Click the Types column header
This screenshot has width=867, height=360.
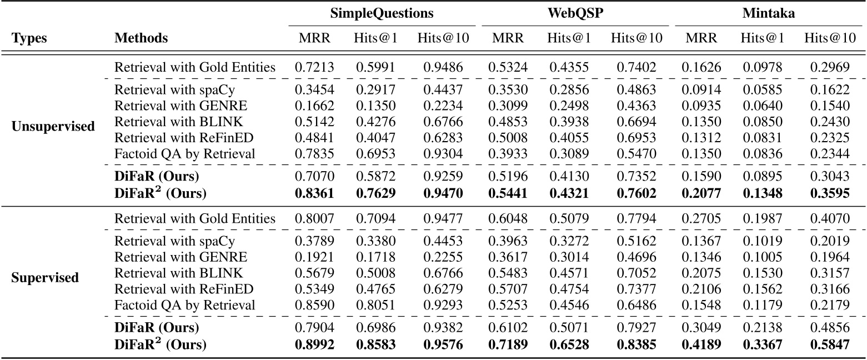29,38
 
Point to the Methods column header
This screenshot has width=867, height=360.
141,38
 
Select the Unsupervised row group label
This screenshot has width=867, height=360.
53,126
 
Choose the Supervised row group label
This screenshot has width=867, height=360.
45,277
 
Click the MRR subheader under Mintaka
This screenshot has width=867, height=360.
701,38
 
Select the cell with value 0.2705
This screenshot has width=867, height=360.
701,219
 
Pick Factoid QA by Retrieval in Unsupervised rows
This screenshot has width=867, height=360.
185,153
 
